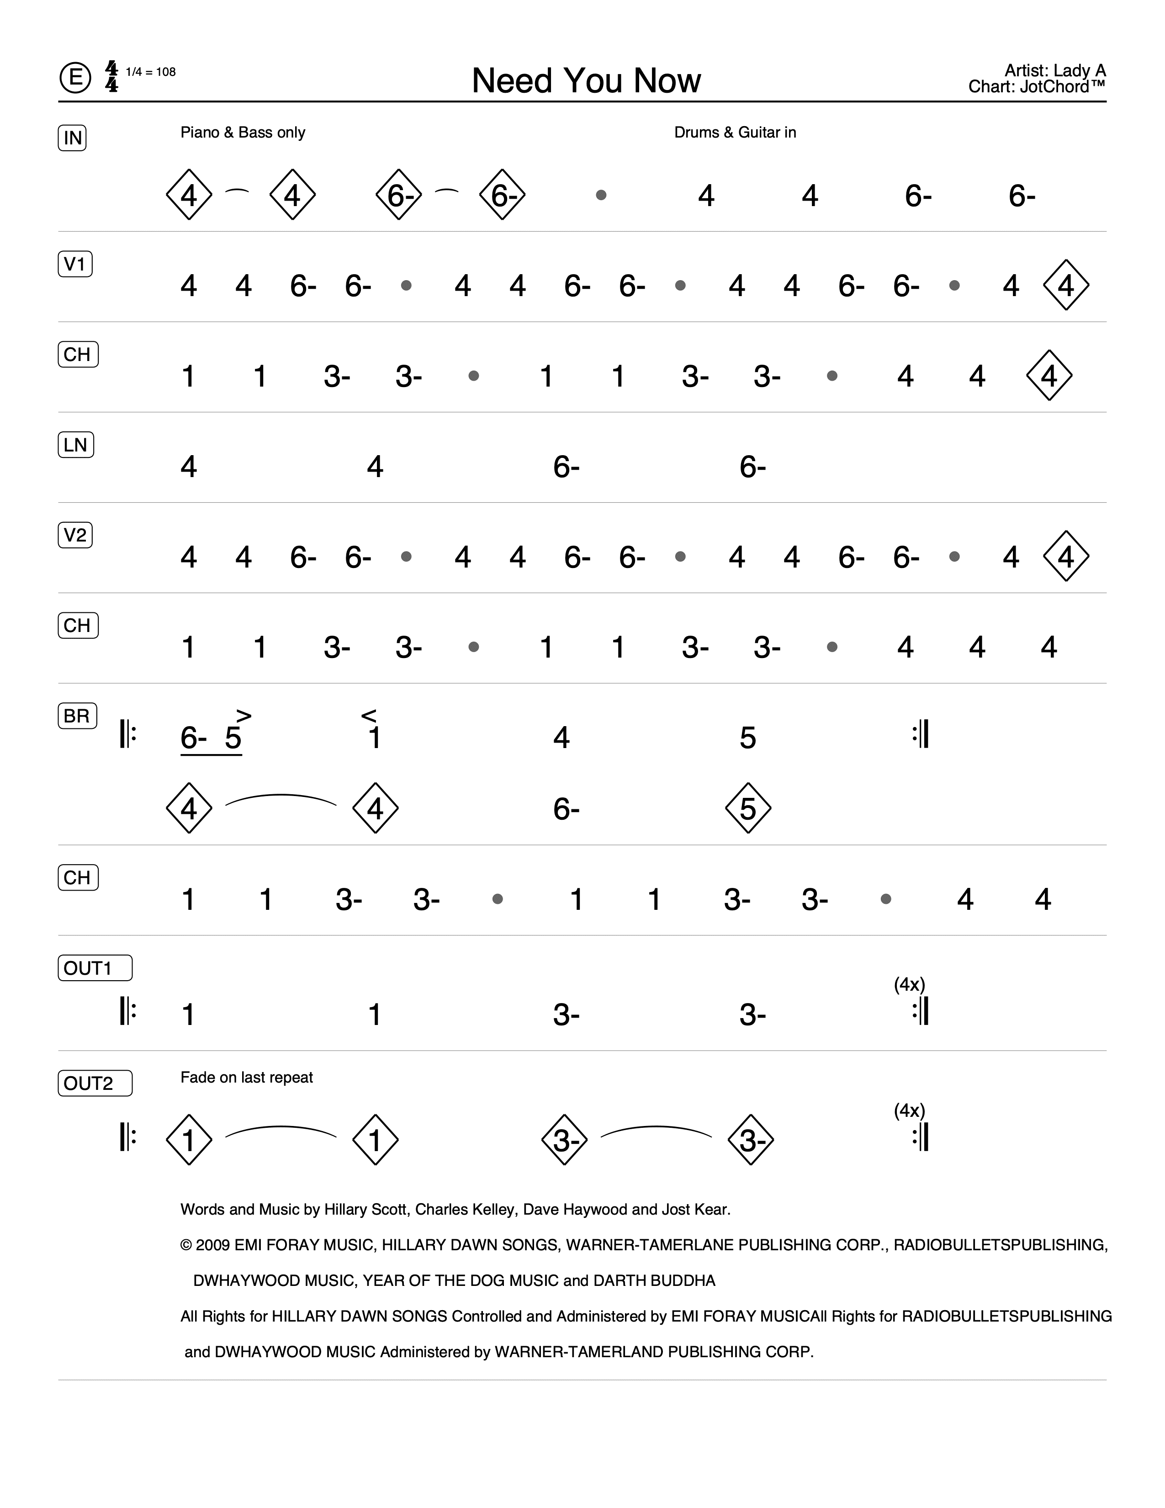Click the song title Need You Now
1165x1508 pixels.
click(586, 81)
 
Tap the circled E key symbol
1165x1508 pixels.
click(74, 77)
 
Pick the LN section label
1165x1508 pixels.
click(75, 445)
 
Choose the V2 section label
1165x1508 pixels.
click(74, 535)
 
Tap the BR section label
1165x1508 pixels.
click(77, 716)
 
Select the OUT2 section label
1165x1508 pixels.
click(95, 1083)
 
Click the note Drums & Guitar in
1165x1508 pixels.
click(735, 133)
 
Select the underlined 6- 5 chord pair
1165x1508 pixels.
click(211, 738)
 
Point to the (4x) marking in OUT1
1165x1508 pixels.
click(909, 985)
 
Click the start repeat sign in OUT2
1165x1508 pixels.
click(127, 1139)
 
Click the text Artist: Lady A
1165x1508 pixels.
click(1054, 70)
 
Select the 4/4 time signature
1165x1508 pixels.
click(111, 77)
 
